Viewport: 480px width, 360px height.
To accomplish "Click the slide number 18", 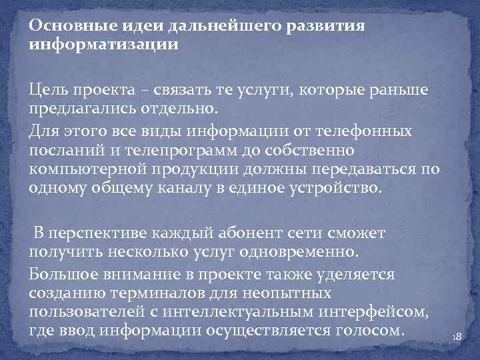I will point(456,338).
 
